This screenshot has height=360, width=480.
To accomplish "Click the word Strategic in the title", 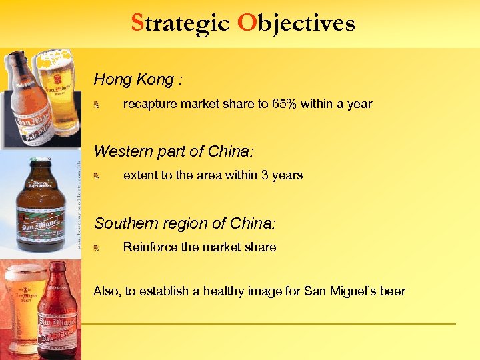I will pos(180,23).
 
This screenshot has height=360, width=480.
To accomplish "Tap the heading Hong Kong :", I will pos(138,80).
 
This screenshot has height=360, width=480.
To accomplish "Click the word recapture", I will pos(150,104).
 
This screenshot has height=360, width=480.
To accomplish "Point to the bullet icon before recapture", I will pos(97,105).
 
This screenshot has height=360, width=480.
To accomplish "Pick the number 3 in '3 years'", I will pos(265,175).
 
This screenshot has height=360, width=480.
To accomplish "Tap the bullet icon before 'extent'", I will pos(97,176).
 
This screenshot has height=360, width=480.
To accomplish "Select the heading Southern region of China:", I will pos(185,223).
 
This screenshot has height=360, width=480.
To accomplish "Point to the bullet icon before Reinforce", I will pos(97,247).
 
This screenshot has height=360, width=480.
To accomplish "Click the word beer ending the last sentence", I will pos(392,291).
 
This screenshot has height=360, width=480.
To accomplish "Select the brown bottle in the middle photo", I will pos(41,207).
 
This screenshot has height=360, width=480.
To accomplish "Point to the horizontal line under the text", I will pos(267,324).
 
